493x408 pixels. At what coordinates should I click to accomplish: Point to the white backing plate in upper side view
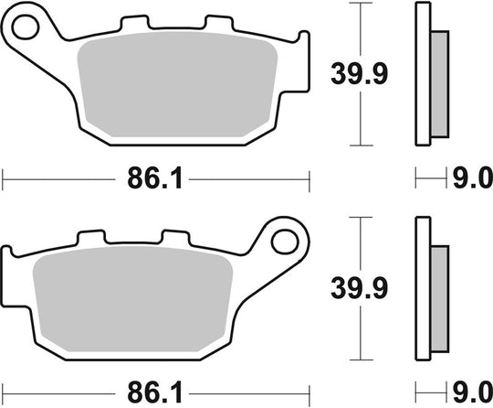click(423, 73)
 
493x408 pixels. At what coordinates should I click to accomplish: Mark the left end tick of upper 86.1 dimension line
click(4, 179)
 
